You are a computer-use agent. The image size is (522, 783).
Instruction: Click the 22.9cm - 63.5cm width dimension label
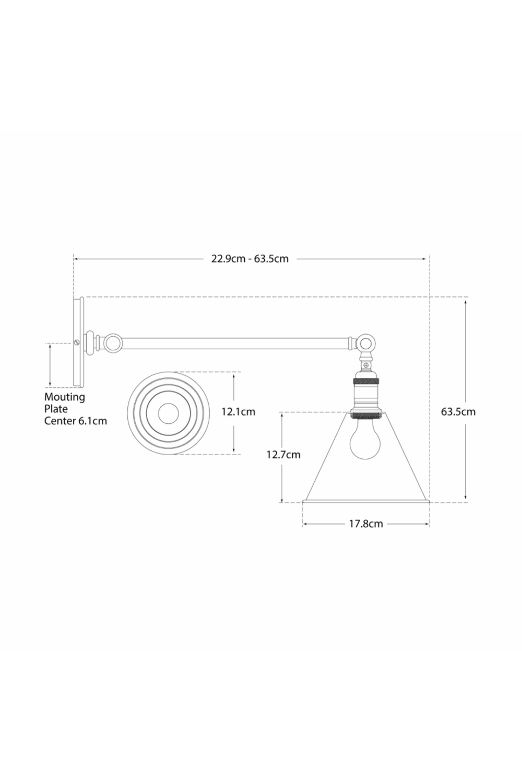[x=250, y=259]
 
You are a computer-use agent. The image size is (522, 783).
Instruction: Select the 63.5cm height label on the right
[x=458, y=411]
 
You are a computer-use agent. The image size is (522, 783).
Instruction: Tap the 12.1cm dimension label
[x=238, y=412]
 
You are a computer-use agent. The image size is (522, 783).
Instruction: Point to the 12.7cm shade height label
[x=283, y=455]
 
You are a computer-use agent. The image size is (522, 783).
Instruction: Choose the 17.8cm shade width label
[x=366, y=524]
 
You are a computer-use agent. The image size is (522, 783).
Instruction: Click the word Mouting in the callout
[x=64, y=397]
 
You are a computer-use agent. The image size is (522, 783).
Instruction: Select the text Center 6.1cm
[x=75, y=421]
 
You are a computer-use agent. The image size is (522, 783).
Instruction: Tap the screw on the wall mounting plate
[x=78, y=343]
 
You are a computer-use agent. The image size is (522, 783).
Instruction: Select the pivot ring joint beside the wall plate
[x=112, y=343]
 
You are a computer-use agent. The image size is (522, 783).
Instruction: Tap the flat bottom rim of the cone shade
[x=366, y=503]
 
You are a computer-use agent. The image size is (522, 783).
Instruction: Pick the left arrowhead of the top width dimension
[x=76, y=258]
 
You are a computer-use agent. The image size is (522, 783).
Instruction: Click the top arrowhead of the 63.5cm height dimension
[x=465, y=301]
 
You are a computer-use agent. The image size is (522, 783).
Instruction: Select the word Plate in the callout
[x=56, y=409]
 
